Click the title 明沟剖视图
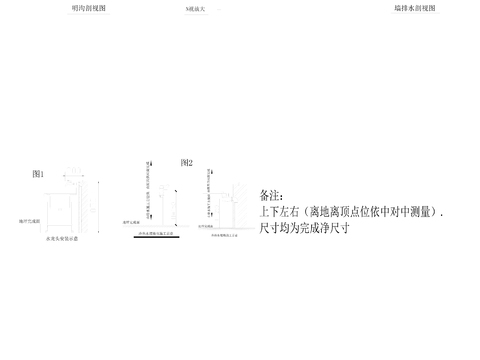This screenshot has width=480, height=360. coord(89,7)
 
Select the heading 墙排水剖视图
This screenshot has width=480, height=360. coord(414,7)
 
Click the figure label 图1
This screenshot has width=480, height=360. coord(38,174)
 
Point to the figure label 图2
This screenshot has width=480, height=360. coord(186,162)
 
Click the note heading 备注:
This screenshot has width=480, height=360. coord(271,195)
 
